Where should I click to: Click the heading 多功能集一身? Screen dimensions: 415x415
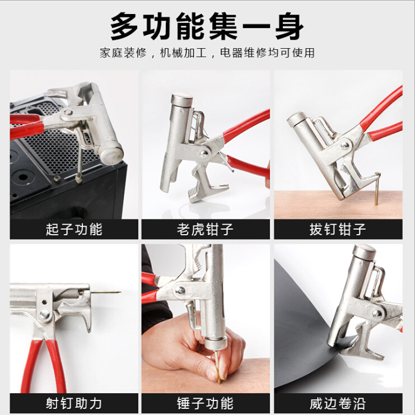pyautogui.click(x=207, y=26)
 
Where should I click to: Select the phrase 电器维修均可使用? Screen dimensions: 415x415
pyautogui.click(x=267, y=53)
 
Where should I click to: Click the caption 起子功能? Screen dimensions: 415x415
pyautogui.click(x=74, y=229)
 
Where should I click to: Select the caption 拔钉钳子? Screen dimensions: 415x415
pyautogui.click(x=338, y=229)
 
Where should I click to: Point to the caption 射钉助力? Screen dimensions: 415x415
pyautogui.click(x=74, y=403)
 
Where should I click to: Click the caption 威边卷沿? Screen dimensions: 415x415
pyautogui.click(x=338, y=403)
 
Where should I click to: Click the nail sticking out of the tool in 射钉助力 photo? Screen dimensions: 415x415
pyautogui.click(x=106, y=291)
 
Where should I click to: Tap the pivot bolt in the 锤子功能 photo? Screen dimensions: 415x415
pyautogui.click(x=180, y=290)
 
